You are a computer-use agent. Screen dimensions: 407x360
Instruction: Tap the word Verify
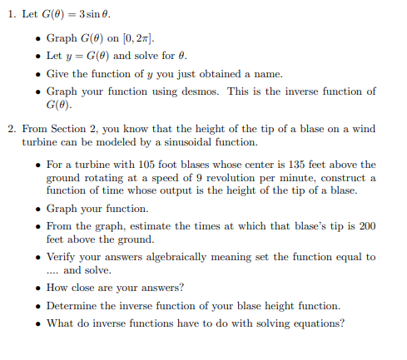coord(63,257)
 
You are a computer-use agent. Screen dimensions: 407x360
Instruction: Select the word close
coord(91,288)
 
